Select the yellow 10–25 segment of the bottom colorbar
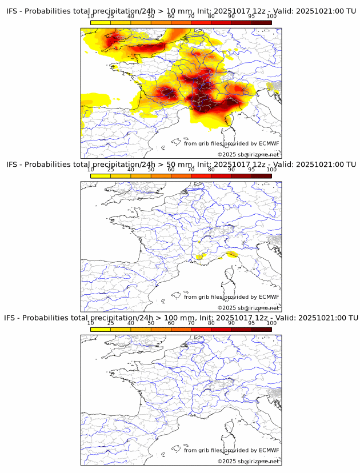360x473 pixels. [x=101, y=329]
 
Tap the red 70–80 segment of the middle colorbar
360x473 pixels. [x=201, y=176]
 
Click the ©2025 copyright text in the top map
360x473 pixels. [x=249, y=155]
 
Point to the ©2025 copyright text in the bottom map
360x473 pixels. [x=249, y=461]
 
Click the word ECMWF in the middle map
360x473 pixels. [x=269, y=296]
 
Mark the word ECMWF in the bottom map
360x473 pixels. [x=269, y=450]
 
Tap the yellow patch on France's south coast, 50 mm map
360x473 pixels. [x=200, y=256]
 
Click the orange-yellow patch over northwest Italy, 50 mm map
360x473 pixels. [x=231, y=254]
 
